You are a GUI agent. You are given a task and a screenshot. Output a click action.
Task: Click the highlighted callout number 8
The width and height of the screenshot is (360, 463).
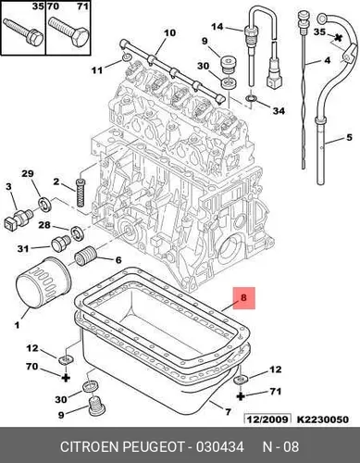coord(243,297)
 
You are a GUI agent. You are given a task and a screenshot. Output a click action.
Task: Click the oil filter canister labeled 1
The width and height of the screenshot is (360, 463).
coord(43,282)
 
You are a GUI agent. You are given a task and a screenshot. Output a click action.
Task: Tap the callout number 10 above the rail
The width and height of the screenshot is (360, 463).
coord(169,32)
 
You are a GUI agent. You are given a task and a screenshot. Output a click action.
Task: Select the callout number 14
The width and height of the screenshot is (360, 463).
coord(217,27)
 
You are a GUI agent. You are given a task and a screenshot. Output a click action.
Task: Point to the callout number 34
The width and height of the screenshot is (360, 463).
coord(279,110)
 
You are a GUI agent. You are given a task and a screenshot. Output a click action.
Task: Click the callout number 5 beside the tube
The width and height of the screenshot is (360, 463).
coord(349,137)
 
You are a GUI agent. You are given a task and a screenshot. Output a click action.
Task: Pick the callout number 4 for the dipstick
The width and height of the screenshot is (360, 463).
coord(328,60)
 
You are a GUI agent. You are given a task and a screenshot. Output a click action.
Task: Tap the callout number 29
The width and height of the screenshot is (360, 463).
coord(27,174)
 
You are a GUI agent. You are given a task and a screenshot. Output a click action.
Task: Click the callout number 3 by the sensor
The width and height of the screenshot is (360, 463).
coord(8,186)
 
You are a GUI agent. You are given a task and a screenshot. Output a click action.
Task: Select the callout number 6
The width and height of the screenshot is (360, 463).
coord(118,260)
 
